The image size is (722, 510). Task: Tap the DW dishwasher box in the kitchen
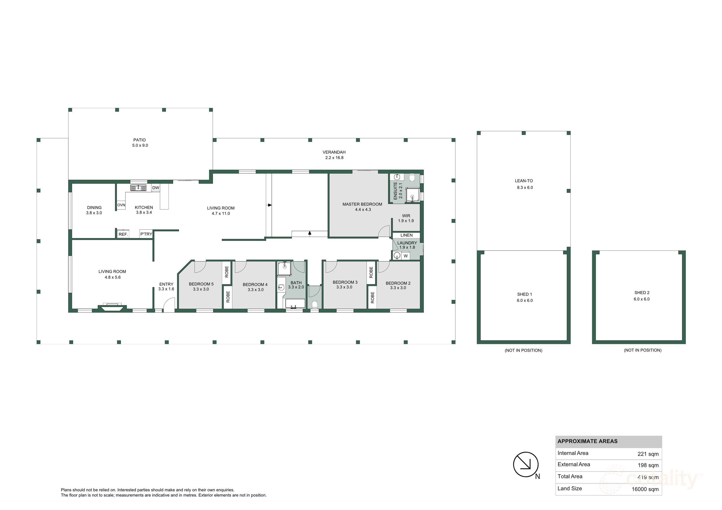pyautogui.click(x=156, y=188)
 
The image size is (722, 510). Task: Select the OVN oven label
pyautogui.click(x=121, y=205)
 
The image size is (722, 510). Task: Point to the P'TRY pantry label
pyautogui.click(x=146, y=234)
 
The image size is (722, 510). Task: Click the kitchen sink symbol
pyautogui.click(x=139, y=188)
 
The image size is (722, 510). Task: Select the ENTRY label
pyautogui.click(x=166, y=284)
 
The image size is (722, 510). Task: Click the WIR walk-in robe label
pyautogui.click(x=406, y=216)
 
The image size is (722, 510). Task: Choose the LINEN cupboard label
pyautogui.click(x=406, y=235)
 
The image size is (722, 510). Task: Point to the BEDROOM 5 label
pyautogui.click(x=201, y=284)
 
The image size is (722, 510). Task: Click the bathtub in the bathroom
pyautogui.click(x=295, y=304)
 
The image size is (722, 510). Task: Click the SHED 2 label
pyautogui.click(x=642, y=293)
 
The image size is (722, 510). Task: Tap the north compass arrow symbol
pyautogui.click(x=526, y=465)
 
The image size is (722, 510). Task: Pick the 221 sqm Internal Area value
pyautogui.click(x=648, y=454)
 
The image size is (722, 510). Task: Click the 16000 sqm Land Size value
pyautogui.click(x=645, y=489)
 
